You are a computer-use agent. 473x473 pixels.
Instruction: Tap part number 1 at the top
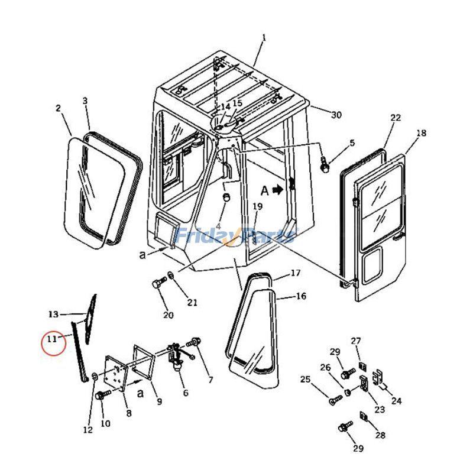[264, 38]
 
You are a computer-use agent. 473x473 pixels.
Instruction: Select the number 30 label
[336, 115]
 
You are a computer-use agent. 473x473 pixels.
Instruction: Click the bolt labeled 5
[325, 165]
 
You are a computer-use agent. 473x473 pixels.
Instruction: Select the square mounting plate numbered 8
[115, 372]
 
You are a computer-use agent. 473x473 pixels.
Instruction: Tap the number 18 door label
[421, 134]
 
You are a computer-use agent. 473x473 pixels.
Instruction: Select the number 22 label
[396, 118]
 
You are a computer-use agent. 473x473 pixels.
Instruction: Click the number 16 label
[301, 296]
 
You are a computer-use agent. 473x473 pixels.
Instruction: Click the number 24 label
[396, 401]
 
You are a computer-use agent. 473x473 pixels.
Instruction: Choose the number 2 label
[58, 108]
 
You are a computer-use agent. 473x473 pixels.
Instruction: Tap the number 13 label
[54, 313]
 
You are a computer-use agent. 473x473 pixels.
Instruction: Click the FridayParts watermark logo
[237, 236]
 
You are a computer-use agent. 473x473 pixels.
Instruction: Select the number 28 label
[380, 435]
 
